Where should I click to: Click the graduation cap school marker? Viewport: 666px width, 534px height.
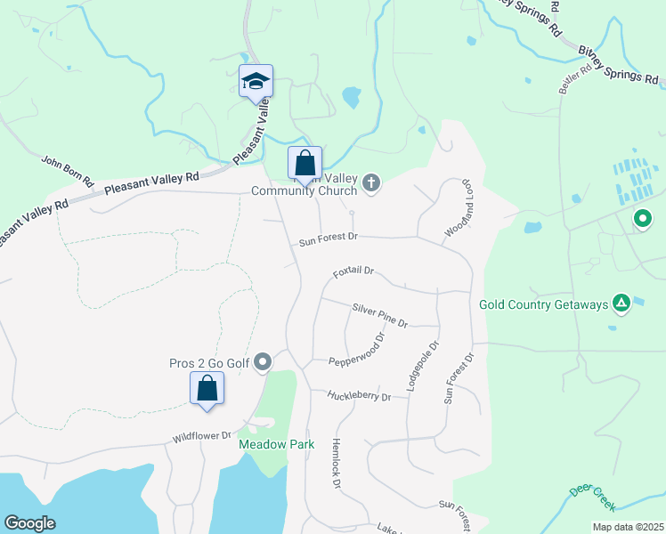click(x=256, y=81)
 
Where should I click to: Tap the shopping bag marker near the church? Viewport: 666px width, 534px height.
click(x=305, y=165)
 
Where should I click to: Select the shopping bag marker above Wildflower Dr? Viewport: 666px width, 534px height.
click(x=207, y=389)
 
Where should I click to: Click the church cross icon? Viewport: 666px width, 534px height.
click(x=372, y=184)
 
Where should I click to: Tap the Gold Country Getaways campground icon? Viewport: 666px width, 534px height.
click(x=621, y=304)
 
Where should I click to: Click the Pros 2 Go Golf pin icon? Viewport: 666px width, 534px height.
click(x=263, y=361)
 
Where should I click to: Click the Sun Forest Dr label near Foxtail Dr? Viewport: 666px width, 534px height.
click(x=328, y=238)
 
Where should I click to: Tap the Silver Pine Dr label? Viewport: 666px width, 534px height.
click(x=379, y=315)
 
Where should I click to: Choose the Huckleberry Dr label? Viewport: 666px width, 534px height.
click(x=359, y=395)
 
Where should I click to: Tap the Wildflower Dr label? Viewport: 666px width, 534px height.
click(x=202, y=437)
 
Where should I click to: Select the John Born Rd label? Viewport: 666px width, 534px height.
click(x=68, y=170)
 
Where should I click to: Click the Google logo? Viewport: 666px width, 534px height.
click(x=29, y=523)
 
